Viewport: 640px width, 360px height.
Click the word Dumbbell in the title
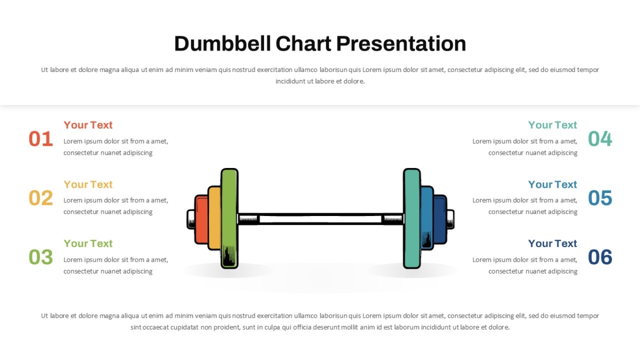tap(222, 44)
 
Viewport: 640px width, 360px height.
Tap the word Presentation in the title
tap(401, 44)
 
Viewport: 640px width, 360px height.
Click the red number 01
tap(41, 139)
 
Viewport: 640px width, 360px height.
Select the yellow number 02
tap(41, 198)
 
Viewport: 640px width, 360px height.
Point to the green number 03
tap(41, 257)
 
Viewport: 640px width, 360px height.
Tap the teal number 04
tap(600, 139)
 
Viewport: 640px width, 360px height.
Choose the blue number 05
tap(600, 198)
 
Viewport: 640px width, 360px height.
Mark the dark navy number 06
tap(600, 257)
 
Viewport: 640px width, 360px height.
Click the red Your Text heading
tap(88, 125)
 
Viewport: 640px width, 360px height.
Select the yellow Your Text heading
tap(88, 185)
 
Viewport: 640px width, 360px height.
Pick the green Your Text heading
tap(88, 243)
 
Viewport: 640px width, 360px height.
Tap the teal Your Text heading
tap(553, 125)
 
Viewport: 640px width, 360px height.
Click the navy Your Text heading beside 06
tap(553, 243)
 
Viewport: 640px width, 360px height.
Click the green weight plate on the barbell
tap(229, 219)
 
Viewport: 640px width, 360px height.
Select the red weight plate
tap(202, 219)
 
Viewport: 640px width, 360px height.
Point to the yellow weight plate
tap(214, 218)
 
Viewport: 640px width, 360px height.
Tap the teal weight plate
tap(412, 219)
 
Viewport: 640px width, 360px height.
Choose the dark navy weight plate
tap(440, 219)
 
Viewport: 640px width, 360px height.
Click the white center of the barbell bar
tap(321, 219)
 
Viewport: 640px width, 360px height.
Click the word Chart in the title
tap(303, 44)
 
